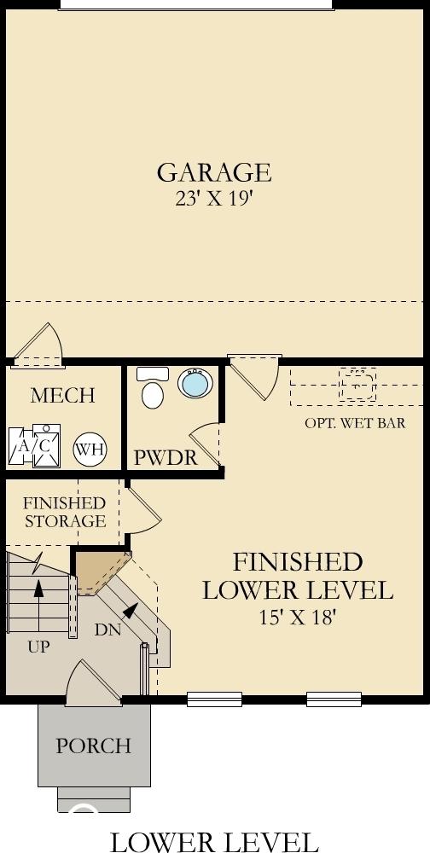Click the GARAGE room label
coord(214,172)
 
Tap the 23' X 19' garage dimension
coord(214,199)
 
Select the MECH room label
coord(62,396)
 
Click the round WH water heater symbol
coord(90,450)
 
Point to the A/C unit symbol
coord(34,446)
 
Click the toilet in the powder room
coord(153,388)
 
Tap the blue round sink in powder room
coord(195,383)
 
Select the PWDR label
coord(166,458)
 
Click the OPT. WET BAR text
coord(355,423)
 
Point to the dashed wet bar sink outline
coord(357,385)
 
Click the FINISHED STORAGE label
coord(65,512)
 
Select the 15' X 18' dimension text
coord(297,618)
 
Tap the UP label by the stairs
coord(38,647)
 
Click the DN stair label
coord(107,630)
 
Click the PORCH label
coord(94,746)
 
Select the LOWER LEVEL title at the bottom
coord(214,841)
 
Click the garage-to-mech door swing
coord(39,345)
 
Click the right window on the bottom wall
coord(334,699)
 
